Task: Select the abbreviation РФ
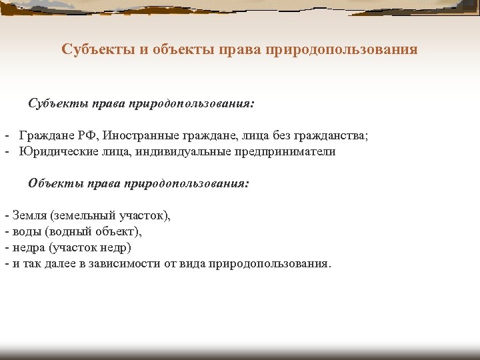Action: pos(87,136)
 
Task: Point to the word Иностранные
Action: pos(137,136)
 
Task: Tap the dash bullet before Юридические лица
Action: pos(6,151)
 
